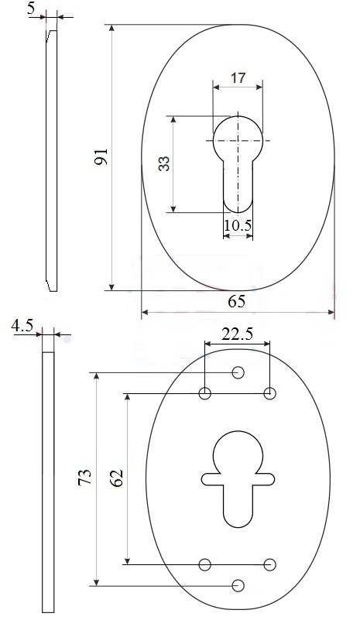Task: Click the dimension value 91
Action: pos(101,156)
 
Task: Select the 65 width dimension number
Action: pos(237,301)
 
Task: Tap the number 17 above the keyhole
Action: pos(238,77)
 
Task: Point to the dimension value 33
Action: pos(164,164)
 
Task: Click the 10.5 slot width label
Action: pos(238,225)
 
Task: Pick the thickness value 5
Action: pos(31,9)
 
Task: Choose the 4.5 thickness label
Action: pos(22,325)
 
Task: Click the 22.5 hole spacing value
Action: pos(237,334)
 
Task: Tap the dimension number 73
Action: pos(85,477)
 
